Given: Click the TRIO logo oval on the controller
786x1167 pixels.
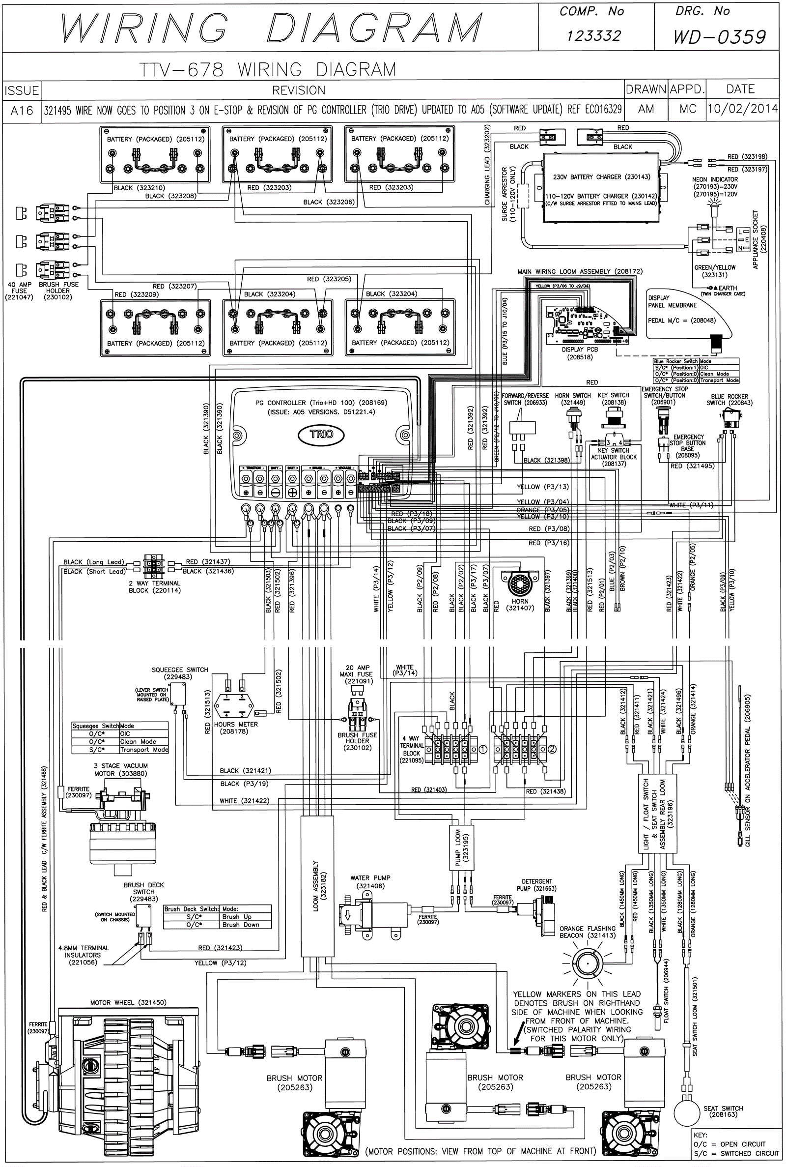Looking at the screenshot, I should click(x=321, y=434).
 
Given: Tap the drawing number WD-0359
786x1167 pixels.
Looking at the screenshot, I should click(x=719, y=36).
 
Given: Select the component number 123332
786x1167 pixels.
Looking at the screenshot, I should click(x=594, y=35).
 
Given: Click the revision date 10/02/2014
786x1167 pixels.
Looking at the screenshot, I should click(x=742, y=109).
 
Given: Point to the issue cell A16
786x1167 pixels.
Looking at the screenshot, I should click(x=22, y=110).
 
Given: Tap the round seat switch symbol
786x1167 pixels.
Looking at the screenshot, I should click(x=686, y=1112).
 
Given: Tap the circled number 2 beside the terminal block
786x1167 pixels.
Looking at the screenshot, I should click(x=552, y=749).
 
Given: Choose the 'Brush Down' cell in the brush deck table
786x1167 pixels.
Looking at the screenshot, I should click(x=241, y=925).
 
